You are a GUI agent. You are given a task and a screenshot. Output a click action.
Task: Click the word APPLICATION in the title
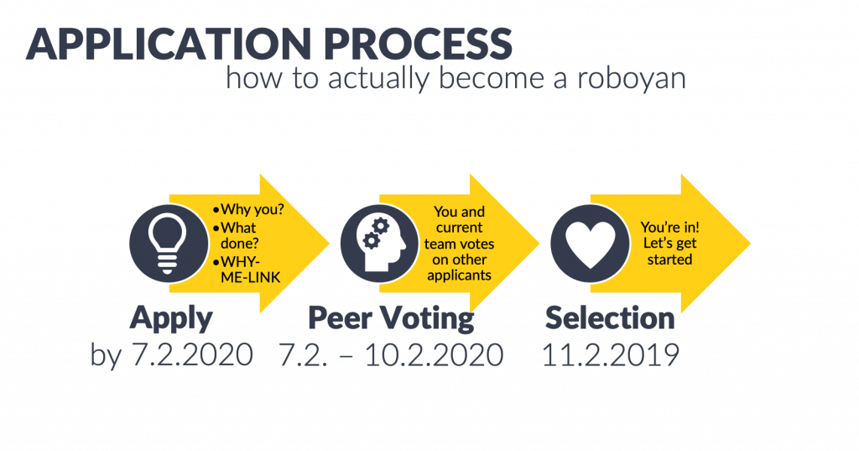pos(168,44)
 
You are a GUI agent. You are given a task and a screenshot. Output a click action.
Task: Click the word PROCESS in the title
pos(418,44)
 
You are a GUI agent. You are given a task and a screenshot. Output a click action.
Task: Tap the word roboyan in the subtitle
pos(632,78)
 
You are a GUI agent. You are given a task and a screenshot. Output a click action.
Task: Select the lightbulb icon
pos(168,244)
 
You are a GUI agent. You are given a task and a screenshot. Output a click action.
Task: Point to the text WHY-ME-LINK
pos(250,269)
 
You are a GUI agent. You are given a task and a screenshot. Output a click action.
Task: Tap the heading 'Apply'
pos(171,319)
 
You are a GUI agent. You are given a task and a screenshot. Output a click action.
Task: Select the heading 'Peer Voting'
pos(391,319)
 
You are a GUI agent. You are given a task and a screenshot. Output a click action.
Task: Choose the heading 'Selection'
pos(610,318)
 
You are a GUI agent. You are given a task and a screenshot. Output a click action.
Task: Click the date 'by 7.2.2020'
pos(171,354)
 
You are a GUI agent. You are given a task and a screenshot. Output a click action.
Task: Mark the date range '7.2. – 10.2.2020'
pos(391,354)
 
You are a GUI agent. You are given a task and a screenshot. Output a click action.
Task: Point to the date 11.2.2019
pos(611,354)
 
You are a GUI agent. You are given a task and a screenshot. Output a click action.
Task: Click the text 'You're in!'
pos(670,227)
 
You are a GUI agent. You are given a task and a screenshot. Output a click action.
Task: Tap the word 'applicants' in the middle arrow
pos(459,275)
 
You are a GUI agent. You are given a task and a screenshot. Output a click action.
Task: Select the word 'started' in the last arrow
pos(669,259)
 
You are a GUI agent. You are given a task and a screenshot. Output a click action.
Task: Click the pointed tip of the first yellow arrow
pos(329,244)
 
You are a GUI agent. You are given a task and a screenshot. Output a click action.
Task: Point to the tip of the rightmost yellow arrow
pos(749,244)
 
